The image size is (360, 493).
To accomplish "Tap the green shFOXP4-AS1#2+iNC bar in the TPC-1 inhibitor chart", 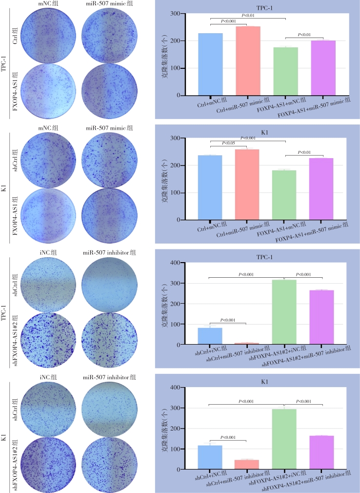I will pyautogui.click(x=284, y=312).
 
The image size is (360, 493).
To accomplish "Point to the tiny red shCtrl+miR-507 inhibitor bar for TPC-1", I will pyautogui.click(x=247, y=344).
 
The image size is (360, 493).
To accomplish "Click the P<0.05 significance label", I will pyautogui.click(x=228, y=143).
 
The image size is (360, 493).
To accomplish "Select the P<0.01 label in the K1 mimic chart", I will pyautogui.click(x=304, y=152).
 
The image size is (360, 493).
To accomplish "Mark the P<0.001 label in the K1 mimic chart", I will pyautogui.click(x=247, y=138).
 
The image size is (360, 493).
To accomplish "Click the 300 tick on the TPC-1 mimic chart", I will pyautogui.click(x=187, y=13).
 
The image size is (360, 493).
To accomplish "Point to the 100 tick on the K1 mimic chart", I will pyautogui.click(x=187, y=193).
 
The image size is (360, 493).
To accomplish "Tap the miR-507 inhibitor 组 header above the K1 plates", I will pyautogui.click(x=109, y=377).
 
